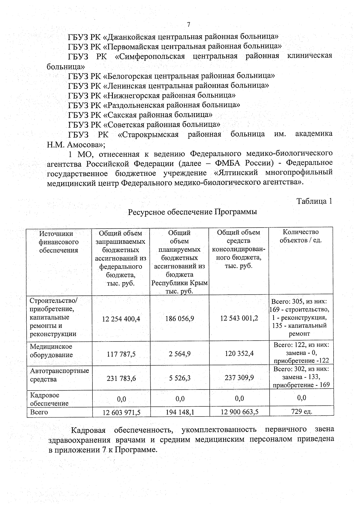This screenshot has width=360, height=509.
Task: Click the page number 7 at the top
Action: (x=189, y=25)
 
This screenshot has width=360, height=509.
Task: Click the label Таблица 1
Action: (x=314, y=201)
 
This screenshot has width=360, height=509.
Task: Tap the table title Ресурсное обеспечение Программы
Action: (x=192, y=212)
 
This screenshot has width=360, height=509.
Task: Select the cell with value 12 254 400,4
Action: (x=121, y=319)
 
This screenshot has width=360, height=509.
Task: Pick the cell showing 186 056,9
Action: (x=179, y=319)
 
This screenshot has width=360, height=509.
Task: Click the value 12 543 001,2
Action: (x=239, y=318)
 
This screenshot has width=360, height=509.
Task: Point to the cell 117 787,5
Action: (x=121, y=354)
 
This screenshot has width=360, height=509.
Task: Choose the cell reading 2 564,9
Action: (x=179, y=354)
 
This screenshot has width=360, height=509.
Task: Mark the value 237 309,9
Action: (x=239, y=378)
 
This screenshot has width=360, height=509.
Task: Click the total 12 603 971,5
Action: (x=121, y=413)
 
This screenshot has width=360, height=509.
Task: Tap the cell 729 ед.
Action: (x=301, y=411)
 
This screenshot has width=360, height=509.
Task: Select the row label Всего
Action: (x=39, y=412)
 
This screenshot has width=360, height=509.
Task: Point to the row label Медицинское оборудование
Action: (x=51, y=351)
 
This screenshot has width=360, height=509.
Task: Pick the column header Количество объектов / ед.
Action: (x=301, y=236)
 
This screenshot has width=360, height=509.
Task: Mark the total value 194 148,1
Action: (x=180, y=413)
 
